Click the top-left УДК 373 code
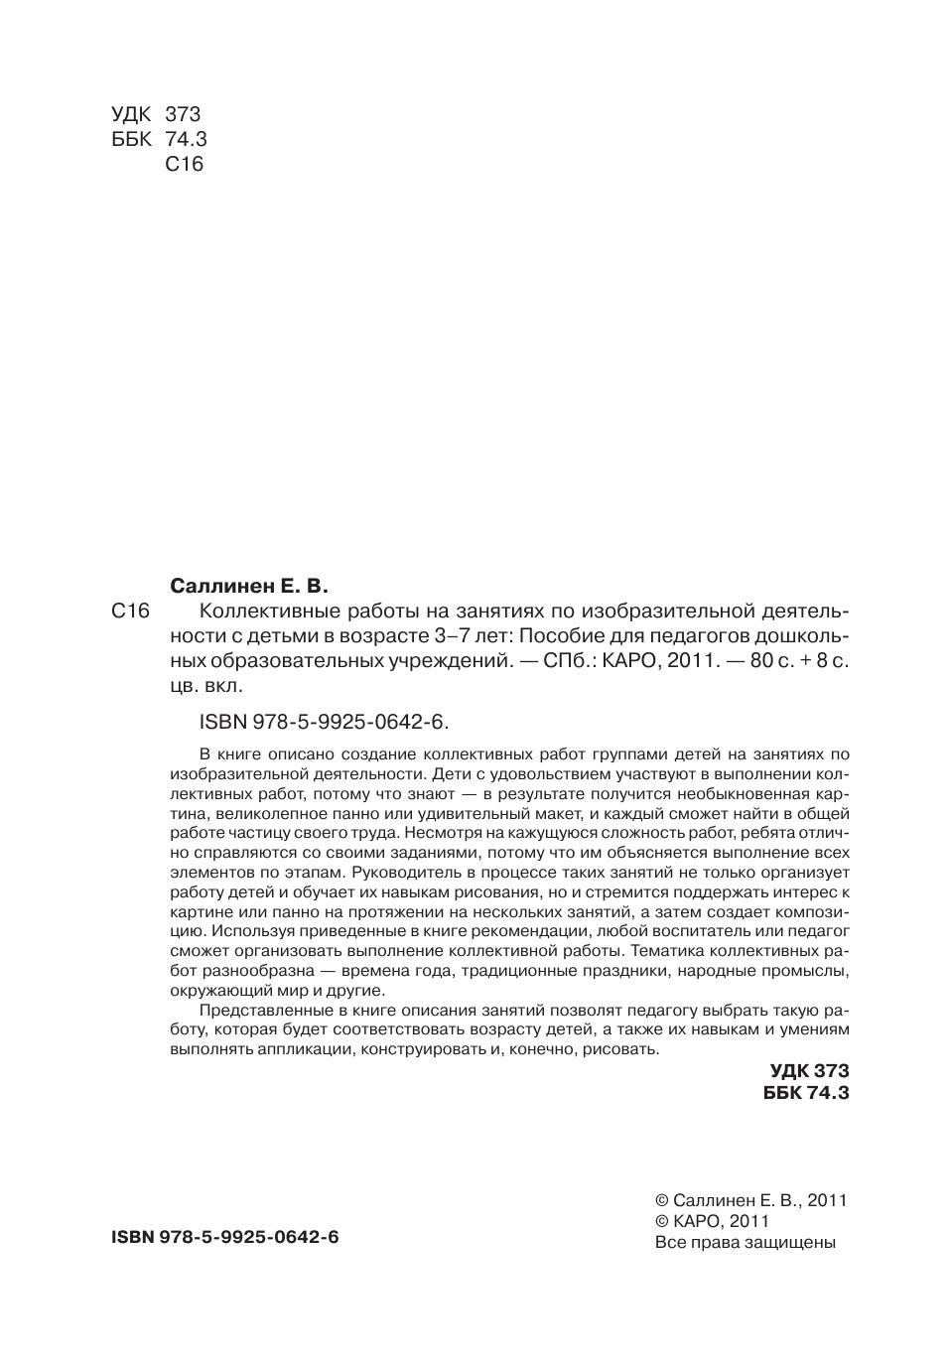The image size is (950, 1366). [156, 114]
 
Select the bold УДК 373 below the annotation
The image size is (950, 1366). [809, 1071]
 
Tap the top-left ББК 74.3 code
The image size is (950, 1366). [159, 139]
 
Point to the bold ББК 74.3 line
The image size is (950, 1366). [806, 1093]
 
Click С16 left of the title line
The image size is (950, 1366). [130, 612]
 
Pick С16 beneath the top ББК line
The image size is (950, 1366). [184, 165]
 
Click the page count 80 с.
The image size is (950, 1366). [771, 661]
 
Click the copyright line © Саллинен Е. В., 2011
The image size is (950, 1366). [751, 1200]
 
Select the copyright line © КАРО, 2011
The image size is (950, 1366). [713, 1221]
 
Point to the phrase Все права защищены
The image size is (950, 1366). [746, 1242]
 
